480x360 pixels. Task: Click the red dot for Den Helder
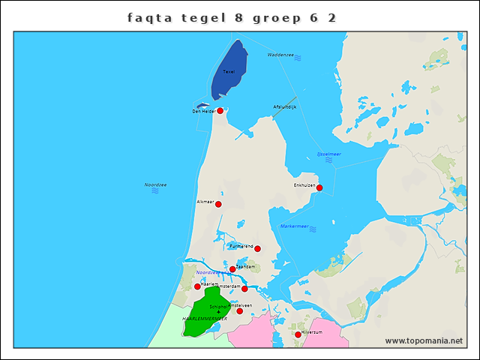coord(220,111)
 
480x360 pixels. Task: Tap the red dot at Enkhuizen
coord(319,187)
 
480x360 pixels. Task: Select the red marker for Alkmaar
coord(218,204)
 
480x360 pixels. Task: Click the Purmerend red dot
coord(257,248)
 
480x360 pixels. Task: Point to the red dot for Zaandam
coord(232,269)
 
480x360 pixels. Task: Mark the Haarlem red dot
coord(197,286)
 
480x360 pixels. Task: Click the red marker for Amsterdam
coord(244,289)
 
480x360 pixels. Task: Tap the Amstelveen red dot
coord(240,310)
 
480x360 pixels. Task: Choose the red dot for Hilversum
coord(298,334)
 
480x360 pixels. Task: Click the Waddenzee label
coord(281,55)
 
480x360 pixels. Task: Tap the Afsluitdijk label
coord(285,106)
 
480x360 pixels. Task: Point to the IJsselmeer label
coord(328,153)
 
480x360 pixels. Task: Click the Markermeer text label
coord(294,226)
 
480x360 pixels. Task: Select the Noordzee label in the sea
coord(155,184)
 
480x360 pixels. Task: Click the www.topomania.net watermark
coord(424,340)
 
